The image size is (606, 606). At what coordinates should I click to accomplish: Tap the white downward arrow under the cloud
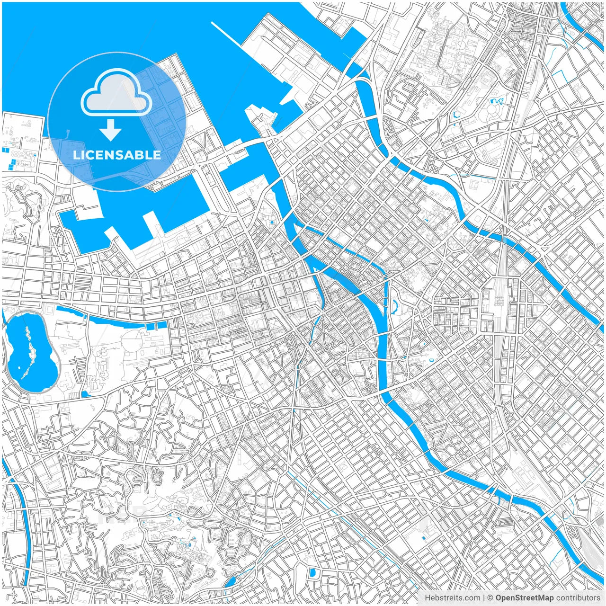[x=111, y=130]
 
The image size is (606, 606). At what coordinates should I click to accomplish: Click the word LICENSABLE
[x=117, y=155]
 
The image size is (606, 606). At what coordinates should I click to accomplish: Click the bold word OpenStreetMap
[x=524, y=598]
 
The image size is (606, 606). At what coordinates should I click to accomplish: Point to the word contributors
[x=578, y=598]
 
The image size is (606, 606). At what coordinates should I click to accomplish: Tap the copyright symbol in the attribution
[x=490, y=598]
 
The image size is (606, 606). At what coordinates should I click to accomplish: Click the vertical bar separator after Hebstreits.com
[x=483, y=598]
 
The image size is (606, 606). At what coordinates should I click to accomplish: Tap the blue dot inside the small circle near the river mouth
[x=272, y=222]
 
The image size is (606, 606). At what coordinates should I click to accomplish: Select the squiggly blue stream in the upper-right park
[x=497, y=101]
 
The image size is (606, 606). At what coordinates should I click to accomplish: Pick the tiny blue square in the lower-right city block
[x=423, y=538]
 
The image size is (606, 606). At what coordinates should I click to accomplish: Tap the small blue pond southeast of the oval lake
[x=85, y=394]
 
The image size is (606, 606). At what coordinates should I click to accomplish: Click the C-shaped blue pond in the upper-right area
[x=457, y=114]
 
